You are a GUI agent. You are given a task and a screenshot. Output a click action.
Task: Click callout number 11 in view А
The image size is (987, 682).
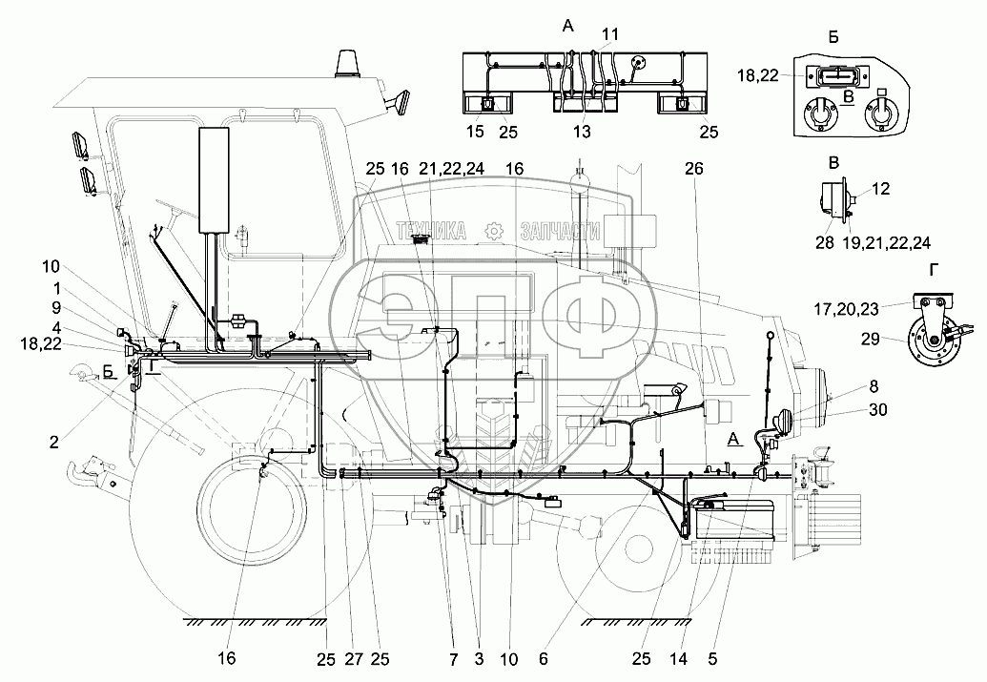click(610, 34)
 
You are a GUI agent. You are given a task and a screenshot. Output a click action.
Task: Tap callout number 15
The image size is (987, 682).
click(476, 131)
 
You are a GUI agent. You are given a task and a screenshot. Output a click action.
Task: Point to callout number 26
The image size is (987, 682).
click(693, 168)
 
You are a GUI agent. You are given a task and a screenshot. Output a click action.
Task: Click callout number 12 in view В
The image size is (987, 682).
click(880, 189)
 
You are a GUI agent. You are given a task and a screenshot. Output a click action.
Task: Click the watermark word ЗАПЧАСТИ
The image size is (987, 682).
click(561, 230)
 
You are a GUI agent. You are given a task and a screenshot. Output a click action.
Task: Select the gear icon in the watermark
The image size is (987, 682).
click(493, 230)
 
